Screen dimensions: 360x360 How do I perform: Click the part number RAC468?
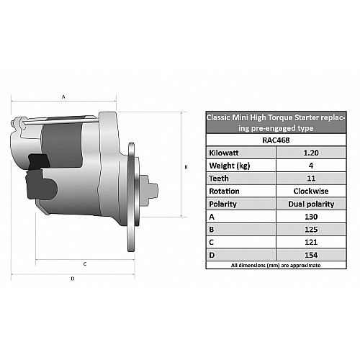[x=276, y=140]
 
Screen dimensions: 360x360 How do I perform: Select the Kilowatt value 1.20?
[x=311, y=153]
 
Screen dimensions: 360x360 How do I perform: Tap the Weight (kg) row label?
[x=230, y=166]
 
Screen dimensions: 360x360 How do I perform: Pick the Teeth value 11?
[x=311, y=179]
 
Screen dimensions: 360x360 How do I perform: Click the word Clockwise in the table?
[x=311, y=191]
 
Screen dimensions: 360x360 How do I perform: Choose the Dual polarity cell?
[x=311, y=204]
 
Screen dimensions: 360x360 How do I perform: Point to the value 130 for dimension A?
[x=311, y=217]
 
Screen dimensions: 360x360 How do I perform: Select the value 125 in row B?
[x=311, y=230]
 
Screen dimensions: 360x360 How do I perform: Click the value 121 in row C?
[x=311, y=242]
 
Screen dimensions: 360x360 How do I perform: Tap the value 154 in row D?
[x=311, y=255]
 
